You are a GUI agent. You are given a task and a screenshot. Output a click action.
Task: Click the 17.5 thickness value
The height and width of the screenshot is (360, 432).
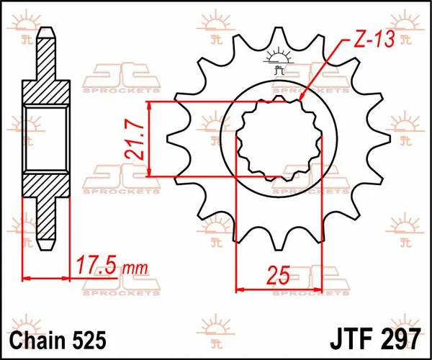(x=94, y=268)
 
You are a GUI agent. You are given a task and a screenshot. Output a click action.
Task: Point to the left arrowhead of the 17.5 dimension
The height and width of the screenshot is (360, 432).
(x=27, y=276)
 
